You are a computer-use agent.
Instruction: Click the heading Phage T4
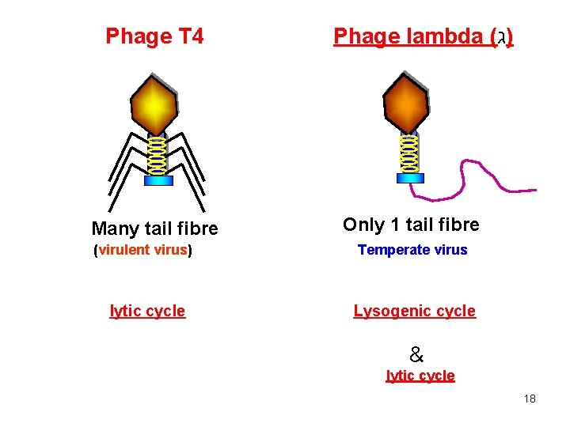point(154,36)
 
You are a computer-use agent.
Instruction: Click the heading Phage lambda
point(407,36)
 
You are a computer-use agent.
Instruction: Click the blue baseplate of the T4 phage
point(158,180)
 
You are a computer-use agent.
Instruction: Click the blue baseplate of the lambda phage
point(410,178)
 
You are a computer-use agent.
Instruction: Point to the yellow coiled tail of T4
point(157,154)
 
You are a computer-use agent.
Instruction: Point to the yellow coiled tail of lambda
point(408,153)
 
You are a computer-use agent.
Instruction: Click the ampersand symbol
point(416,355)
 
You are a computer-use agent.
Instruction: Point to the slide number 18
point(530,399)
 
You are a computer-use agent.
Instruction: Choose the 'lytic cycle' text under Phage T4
point(147,311)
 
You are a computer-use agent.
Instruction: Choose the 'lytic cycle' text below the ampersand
point(420,376)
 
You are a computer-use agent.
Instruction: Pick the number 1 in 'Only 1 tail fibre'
point(394,225)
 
